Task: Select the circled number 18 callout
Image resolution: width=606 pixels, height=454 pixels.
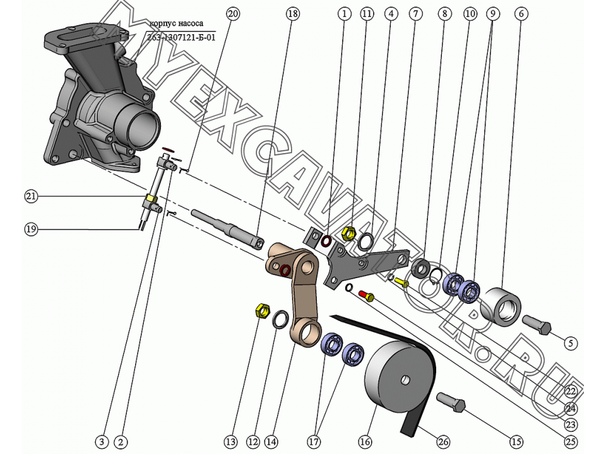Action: tap(292, 13)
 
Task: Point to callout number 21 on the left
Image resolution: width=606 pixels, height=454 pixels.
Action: tap(31, 196)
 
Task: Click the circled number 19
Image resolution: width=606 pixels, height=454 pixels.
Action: tap(31, 229)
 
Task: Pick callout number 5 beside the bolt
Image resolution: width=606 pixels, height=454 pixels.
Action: tap(570, 343)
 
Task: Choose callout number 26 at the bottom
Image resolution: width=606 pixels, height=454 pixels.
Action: tap(443, 442)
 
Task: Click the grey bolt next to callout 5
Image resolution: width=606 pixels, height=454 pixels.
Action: tap(537, 327)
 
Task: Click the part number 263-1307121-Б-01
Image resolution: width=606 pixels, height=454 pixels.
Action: tap(181, 37)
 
